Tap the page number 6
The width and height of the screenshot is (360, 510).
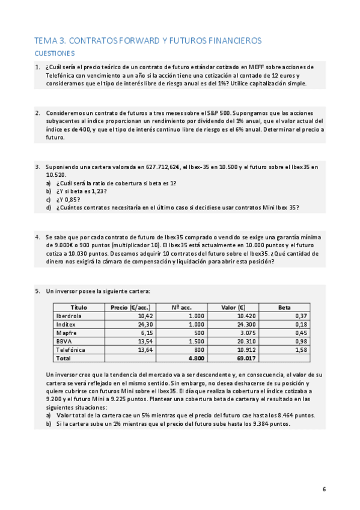point(324,488)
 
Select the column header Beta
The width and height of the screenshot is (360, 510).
point(284,307)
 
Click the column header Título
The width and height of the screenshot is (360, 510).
point(79,307)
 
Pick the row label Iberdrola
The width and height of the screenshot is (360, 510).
point(69,316)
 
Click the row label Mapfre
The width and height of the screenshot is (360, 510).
point(66,333)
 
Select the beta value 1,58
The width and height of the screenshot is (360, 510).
point(301,349)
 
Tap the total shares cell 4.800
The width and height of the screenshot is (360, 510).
point(196,358)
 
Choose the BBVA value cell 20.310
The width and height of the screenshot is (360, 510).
point(247,341)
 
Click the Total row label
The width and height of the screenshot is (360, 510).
point(63,358)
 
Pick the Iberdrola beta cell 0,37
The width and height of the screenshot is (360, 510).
point(301,316)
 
